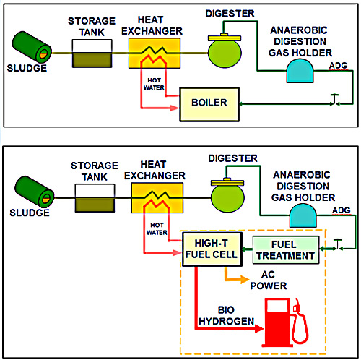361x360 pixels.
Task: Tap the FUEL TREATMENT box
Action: click(284, 250)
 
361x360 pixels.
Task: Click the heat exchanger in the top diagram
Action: click(154, 53)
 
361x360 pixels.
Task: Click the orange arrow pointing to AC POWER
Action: click(230, 275)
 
